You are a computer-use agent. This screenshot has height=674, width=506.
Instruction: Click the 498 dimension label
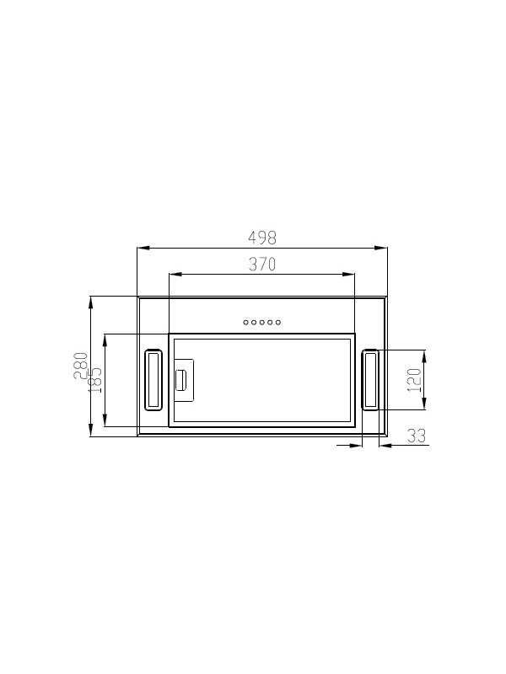point(262,238)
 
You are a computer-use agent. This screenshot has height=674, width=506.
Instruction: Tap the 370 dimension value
point(262,264)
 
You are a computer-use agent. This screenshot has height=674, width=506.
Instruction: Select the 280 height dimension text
point(81,366)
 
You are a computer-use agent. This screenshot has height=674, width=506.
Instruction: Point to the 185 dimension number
point(95,380)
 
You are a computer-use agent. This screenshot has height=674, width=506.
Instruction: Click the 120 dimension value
point(414,380)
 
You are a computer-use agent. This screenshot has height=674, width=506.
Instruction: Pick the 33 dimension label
point(417,436)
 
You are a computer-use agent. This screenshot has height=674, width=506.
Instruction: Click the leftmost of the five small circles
point(245,323)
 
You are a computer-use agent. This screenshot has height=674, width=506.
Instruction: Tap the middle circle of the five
point(262,323)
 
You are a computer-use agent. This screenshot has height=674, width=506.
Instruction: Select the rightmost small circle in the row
point(278,323)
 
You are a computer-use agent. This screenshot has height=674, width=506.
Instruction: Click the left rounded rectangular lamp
point(145,380)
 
